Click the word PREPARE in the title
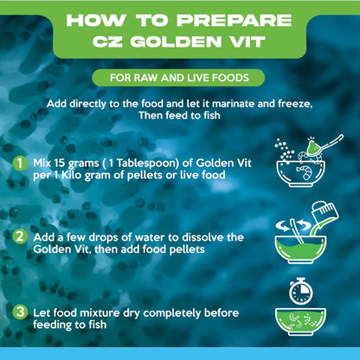point(235,20)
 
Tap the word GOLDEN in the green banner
point(176,42)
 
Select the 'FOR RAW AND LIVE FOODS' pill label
point(178,78)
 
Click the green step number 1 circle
point(20,164)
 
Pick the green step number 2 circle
point(20,237)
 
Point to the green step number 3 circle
point(20,312)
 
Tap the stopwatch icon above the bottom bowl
point(301,292)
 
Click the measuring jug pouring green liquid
point(325,214)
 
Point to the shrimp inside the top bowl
point(305,172)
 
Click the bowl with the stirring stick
point(300,248)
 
